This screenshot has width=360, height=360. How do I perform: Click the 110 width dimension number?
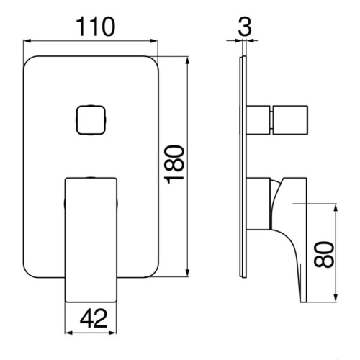(x=96, y=27)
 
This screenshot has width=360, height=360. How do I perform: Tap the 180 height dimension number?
(x=175, y=164)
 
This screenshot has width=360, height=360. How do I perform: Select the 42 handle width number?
(x=94, y=318)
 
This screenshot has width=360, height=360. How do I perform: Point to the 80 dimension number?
(x=324, y=255)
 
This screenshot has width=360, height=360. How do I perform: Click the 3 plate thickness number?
(x=245, y=27)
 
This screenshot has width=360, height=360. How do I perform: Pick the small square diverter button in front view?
(x=91, y=120)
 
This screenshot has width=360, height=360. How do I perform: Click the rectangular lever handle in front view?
(x=91, y=240)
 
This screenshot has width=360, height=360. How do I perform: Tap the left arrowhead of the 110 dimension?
(x=27, y=41)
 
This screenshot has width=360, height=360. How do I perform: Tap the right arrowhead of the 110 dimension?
(x=154, y=41)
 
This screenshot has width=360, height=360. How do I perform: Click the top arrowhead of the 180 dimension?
(x=187, y=60)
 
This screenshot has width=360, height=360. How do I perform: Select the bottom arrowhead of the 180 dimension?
(x=187, y=273)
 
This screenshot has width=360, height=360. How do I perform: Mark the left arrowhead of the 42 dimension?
(x=69, y=333)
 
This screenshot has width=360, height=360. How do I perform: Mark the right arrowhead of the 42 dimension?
(x=112, y=333)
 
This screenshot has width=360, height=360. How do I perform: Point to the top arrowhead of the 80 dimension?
(x=336, y=208)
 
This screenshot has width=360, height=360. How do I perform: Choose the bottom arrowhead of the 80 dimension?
(x=336, y=298)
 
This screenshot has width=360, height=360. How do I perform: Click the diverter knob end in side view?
(x=289, y=120)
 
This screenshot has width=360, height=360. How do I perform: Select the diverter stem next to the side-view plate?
(x=258, y=120)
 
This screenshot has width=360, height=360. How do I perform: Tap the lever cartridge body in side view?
(x=258, y=204)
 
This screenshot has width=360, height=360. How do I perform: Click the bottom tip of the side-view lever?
(x=303, y=302)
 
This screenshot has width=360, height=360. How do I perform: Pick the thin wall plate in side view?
(x=243, y=167)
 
